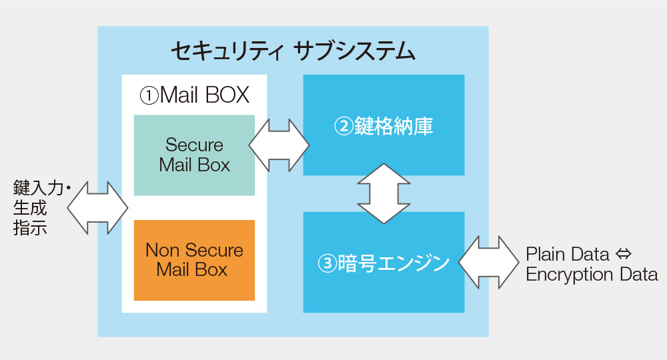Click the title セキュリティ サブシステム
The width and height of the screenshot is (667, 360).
(293, 51)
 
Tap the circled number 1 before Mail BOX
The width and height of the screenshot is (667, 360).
(149, 95)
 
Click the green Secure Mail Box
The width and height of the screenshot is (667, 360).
(194, 155)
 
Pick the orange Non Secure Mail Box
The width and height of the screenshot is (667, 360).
(194, 260)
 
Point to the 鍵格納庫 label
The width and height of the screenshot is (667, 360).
(394, 126)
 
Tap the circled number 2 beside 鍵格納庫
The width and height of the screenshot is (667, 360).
(344, 126)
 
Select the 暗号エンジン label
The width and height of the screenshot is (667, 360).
(394, 263)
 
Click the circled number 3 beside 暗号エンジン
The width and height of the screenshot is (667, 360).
(327, 263)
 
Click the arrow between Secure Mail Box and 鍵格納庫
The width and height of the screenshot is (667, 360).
(279, 145)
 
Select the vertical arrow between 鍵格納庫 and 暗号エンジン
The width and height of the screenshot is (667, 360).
(384, 193)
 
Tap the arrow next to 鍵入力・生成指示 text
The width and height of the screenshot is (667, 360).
(97, 208)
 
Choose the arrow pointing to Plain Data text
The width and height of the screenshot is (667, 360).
(489, 263)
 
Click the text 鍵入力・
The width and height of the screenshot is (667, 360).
(41, 188)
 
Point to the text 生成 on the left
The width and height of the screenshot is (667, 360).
(30, 208)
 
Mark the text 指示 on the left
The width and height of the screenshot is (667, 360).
(30, 227)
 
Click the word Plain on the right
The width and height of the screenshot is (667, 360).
(544, 255)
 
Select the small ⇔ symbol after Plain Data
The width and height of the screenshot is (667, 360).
(623, 255)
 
